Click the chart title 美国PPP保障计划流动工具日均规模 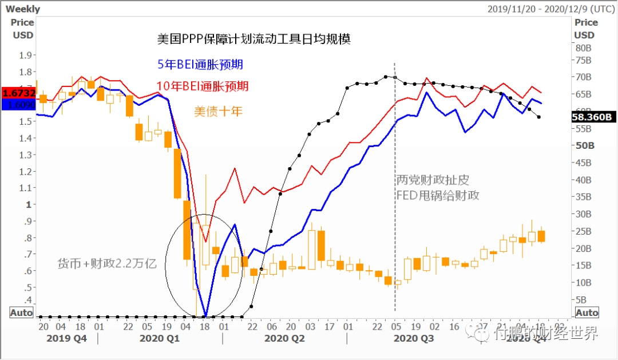point(253,39)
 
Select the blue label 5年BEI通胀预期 point(204,65)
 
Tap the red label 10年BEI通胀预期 point(203,86)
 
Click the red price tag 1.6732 point(19,93)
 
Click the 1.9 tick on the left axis point(25,55)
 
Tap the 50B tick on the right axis point(585,146)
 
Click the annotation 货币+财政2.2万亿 point(107,264)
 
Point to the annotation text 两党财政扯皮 point(433,180)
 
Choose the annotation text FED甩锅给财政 point(438,195)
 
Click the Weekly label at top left point(23,9)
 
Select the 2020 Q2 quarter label point(284,339)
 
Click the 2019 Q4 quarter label point(68,339)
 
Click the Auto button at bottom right point(587,312)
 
